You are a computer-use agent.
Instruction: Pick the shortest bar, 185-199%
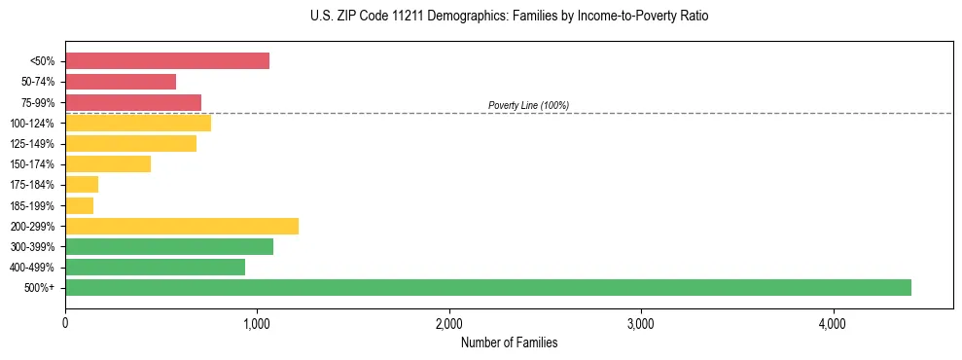pos(80,205)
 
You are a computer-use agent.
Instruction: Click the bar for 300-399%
pos(169,246)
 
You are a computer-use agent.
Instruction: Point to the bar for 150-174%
pos(108,164)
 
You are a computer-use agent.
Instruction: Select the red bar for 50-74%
pos(121,82)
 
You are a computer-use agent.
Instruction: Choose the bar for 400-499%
pos(155,267)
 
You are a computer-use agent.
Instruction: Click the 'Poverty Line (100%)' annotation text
pos(528,105)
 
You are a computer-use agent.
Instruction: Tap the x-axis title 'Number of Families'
pos(509,342)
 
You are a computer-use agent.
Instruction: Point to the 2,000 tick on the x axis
pos(449,322)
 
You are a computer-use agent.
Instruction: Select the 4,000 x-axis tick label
pos(833,322)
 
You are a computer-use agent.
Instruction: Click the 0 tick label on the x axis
pos(65,322)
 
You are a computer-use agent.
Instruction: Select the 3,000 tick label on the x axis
pos(641,322)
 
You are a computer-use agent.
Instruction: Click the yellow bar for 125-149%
pos(130,144)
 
